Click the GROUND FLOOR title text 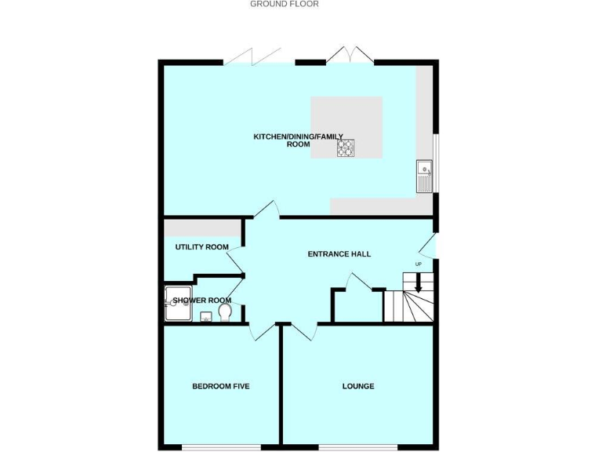click(284, 4)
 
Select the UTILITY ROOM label click(201, 247)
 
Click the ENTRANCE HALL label click(339, 254)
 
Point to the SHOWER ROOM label click(202, 301)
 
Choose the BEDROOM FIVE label click(221, 386)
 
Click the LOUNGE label click(357, 386)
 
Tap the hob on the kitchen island click(346, 148)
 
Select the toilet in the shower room click(226, 313)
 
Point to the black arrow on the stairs click(418, 284)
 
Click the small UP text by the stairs click(418, 264)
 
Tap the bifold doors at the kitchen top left click(252, 57)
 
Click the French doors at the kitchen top click(350, 56)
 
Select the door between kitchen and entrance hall click(267, 210)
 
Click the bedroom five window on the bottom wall click(220, 447)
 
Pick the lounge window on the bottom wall click(357, 447)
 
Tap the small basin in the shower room click(205, 316)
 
